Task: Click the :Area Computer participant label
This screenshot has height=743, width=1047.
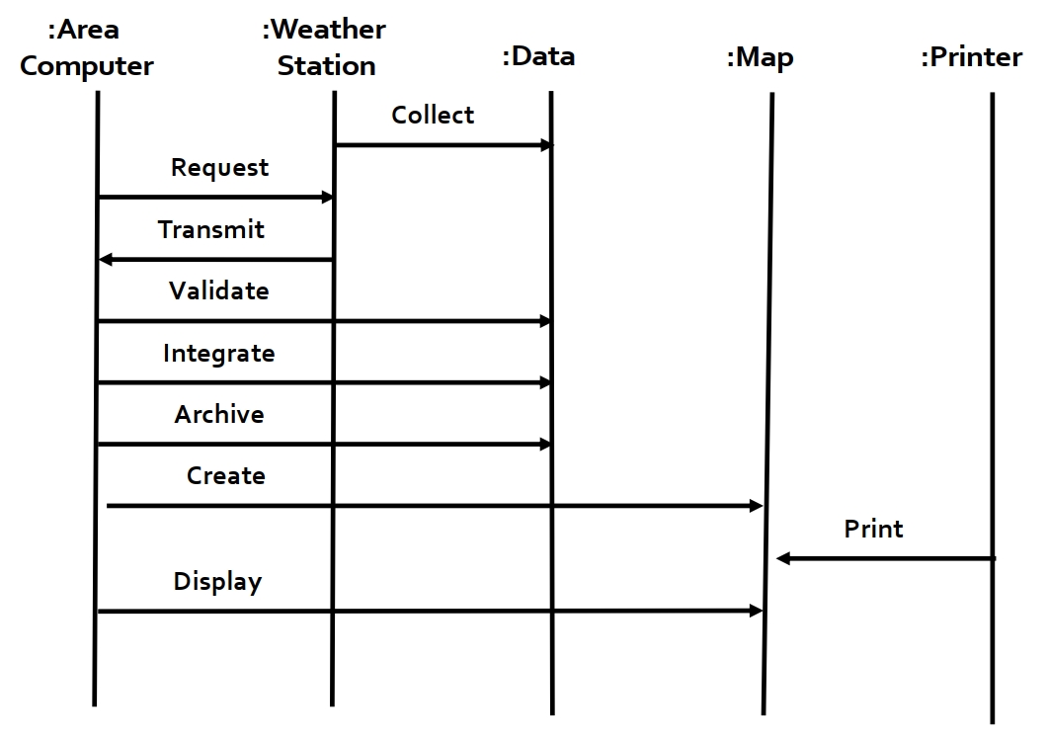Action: point(87,47)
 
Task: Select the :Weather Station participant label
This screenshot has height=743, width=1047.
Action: point(325,47)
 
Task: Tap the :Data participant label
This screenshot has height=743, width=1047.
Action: point(538,56)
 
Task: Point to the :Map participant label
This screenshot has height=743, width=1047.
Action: point(760,57)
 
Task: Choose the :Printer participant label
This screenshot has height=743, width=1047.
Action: point(971,57)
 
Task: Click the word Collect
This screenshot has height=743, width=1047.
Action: point(433,116)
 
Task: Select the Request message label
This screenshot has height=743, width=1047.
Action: point(219,168)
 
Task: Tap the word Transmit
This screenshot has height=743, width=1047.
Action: point(211,230)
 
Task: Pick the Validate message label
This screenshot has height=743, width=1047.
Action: point(218,291)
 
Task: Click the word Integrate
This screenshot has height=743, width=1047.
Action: point(218,354)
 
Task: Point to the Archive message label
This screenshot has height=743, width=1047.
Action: point(219,415)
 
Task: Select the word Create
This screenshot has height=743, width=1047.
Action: point(226,476)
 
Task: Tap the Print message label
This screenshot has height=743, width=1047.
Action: point(873,530)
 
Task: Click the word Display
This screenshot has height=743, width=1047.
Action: point(217,582)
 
